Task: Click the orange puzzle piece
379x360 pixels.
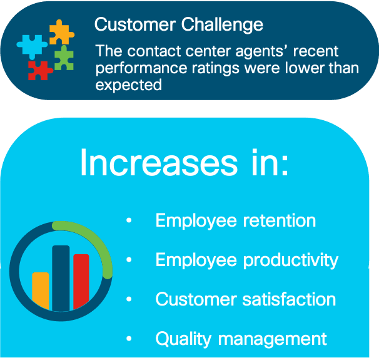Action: pyautogui.click(x=61, y=33)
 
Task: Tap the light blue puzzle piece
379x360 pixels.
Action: pyautogui.click(x=32, y=46)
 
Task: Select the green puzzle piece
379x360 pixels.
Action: pyautogui.click(x=64, y=59)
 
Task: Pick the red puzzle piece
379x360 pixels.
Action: pyautogui.click(x=39, y=70)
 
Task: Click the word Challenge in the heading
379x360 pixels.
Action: pyautogui.click(x=222, y=26)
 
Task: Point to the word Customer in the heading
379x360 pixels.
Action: pyautogui.click(x=135, y=24)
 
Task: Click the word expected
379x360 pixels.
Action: pyautogui.click(x=129, y=85)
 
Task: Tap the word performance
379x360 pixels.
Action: pyautogui.click(x=141, y=69)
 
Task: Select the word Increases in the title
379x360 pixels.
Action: pyautogui.click(x=159, y=162)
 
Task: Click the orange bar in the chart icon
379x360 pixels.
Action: pyautogui.click(x=41, y=291)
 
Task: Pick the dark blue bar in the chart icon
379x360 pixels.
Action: pyautogui.click(x=61, y=278)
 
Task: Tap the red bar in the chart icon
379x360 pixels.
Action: pyautogui.click(x=81, y=281)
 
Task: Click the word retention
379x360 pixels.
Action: pyautogui.click(x=280, y=220)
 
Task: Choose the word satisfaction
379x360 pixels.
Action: pyautogui.click(x=289, y=299)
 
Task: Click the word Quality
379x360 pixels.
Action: pyautogui.click(x=183, y=339)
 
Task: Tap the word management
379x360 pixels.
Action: pyautogui.click(x=273, y=339)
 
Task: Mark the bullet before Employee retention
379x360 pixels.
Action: pyautogui.click(x=129, y=220)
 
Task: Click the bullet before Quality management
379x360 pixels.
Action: pyautogui.click(x=129, y=338)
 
